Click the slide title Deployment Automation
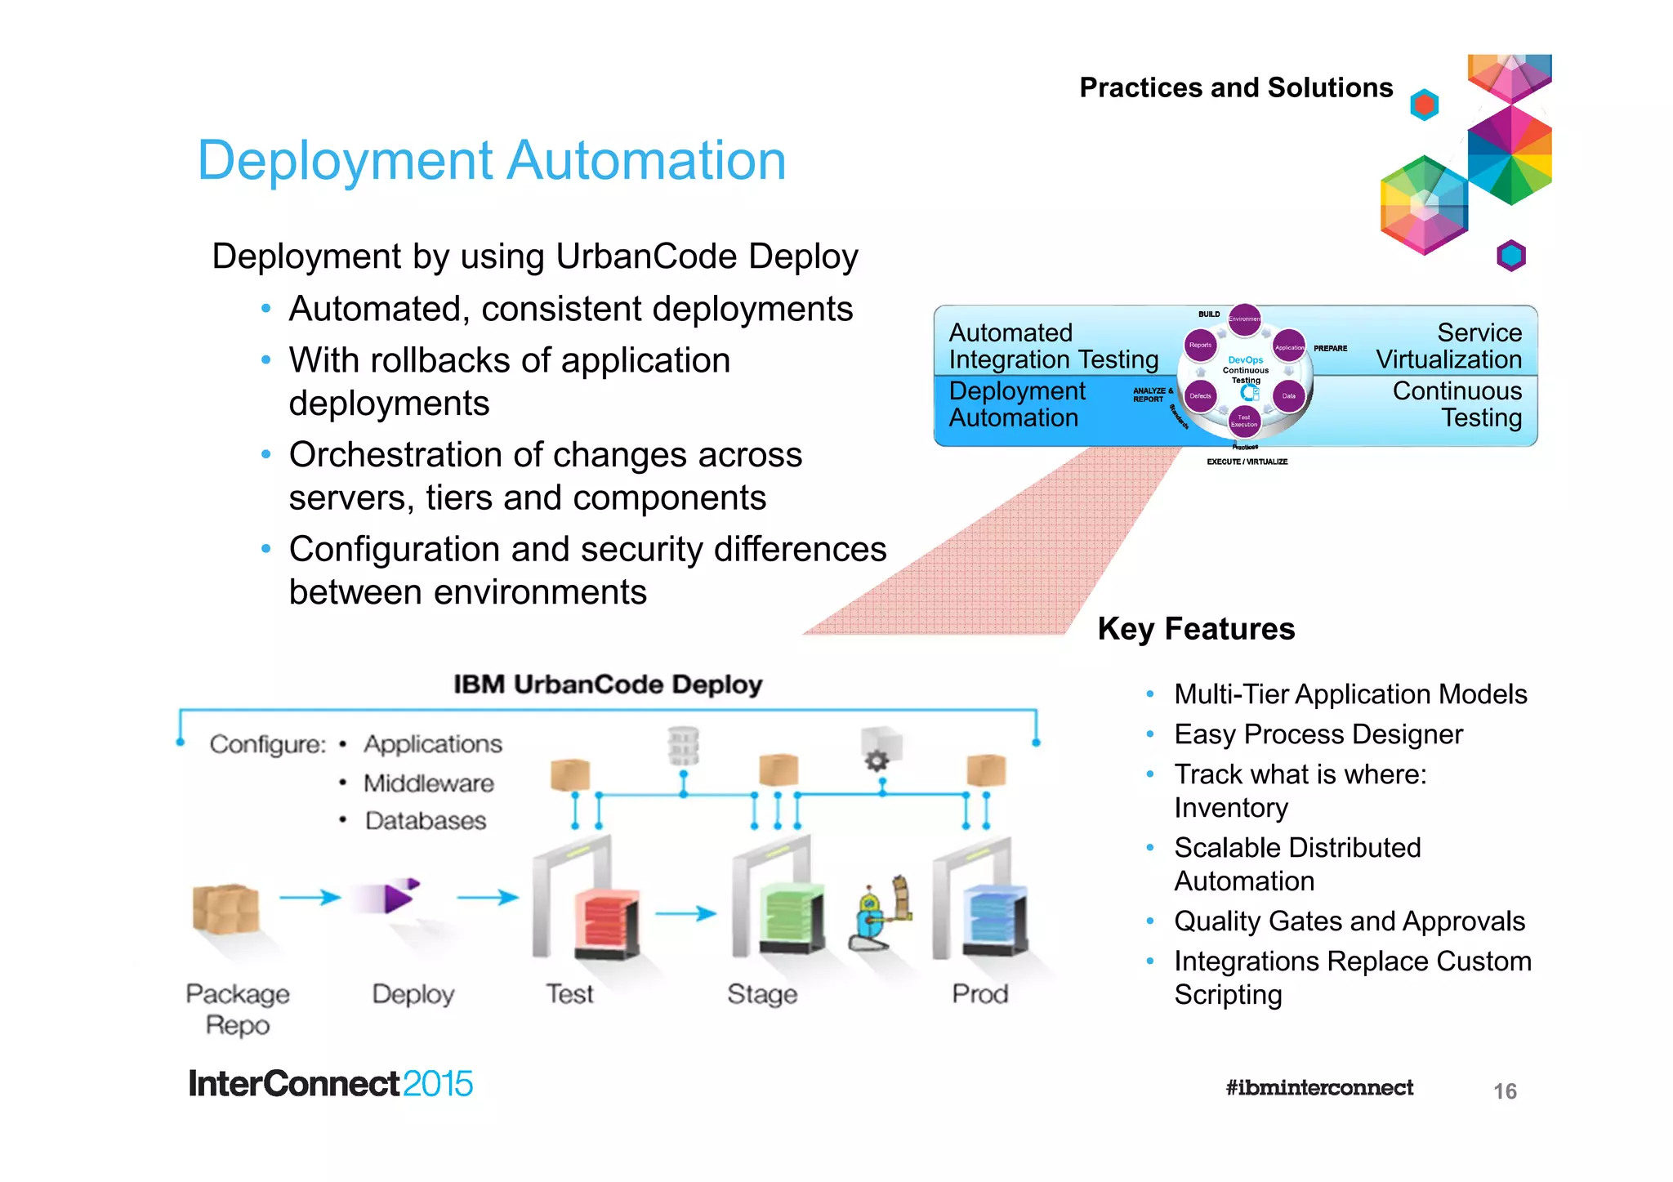(x=491, y=160)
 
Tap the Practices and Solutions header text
(x=1235, y=87)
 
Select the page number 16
(x=1504, y=1091)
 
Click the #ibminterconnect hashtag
(x=1318, y=1088)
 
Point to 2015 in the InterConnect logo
(x=437, y=1084)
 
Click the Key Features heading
(x=1196, y=629)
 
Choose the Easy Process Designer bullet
(x=1318, y=734)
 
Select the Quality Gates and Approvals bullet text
(x=1349, y=921)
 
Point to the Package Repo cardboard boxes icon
(x=225, y=909)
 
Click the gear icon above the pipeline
(x=877, y=760)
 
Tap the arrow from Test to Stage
(x=685, y=912)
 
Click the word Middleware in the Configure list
(x=428, y=783)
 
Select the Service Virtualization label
(x=1448, y=346)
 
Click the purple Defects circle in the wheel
(x=1200, y=396)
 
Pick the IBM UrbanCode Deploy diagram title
(x=607, y=685)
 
